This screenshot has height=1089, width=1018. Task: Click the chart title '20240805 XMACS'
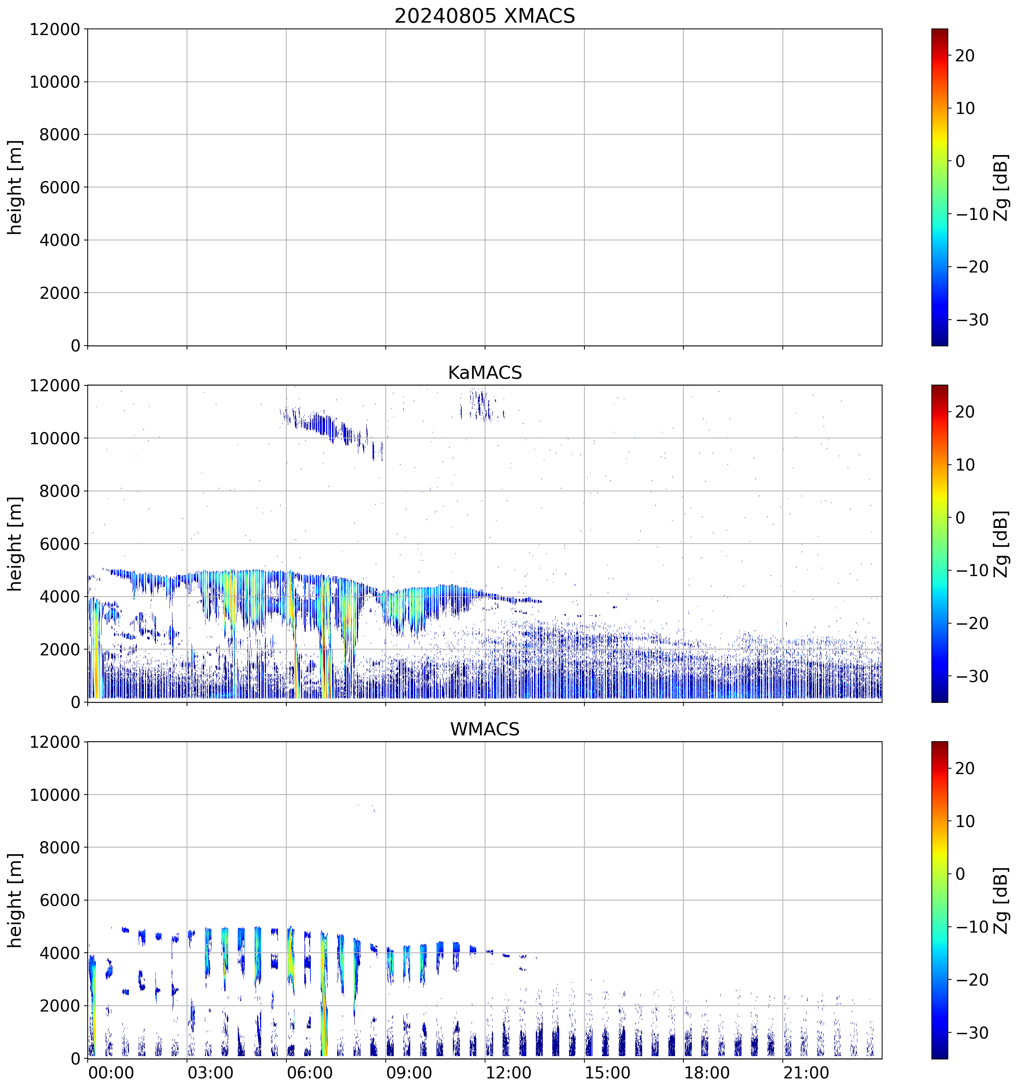pyautogui.click(x=485, y=16)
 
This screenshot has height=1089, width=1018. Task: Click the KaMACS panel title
pyautogui.click(x=485, y=373)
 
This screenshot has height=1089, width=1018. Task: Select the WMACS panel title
pyautogui.click(x=485, y=729)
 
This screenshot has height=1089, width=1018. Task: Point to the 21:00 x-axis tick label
pyautogui.click(x=806, y=1072)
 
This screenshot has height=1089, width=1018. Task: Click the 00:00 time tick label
pyautogui.click(x=111, y=1072)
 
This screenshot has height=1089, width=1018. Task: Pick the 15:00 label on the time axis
pyautogui.click(x=607, y=1072)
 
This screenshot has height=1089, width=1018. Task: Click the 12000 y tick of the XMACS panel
pyautogui.click(x=55, y=29)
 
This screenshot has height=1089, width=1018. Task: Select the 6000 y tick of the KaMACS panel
pyautogui.click(x=60, y=544)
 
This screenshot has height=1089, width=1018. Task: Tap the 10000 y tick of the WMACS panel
pyautogui.click(x=55, y=795)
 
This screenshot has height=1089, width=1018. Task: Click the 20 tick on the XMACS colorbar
pyautogui.click(x=965, y=56)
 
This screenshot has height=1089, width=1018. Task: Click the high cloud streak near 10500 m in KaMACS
pyautogui.click(x=323, y=424)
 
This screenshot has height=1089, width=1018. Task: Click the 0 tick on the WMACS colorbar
pyautogui.click(x=961, y=874)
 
